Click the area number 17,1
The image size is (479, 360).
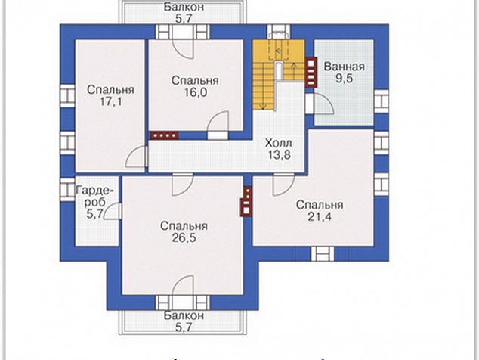click(111, 102)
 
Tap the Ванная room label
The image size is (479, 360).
click(345, 67)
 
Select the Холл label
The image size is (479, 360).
click(279, 143)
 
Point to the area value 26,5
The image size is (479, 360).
click(184, 238)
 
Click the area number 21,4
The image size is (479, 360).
click(320, 216)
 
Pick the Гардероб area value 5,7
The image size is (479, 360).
click(94, 214)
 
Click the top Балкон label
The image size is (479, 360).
click(184, 7)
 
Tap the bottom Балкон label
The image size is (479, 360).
click(184, 315)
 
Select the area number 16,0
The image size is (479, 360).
click(195, 92)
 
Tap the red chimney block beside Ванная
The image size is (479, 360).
click(311, 72)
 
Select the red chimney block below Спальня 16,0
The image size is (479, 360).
click(165, 135)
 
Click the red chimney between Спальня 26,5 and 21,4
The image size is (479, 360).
click(247, 202)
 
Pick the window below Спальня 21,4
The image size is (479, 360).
click(323, 254)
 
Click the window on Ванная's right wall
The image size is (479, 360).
click(382, 101)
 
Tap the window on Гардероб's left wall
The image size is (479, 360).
click(67, 190)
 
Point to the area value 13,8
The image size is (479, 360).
click(279, 155)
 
